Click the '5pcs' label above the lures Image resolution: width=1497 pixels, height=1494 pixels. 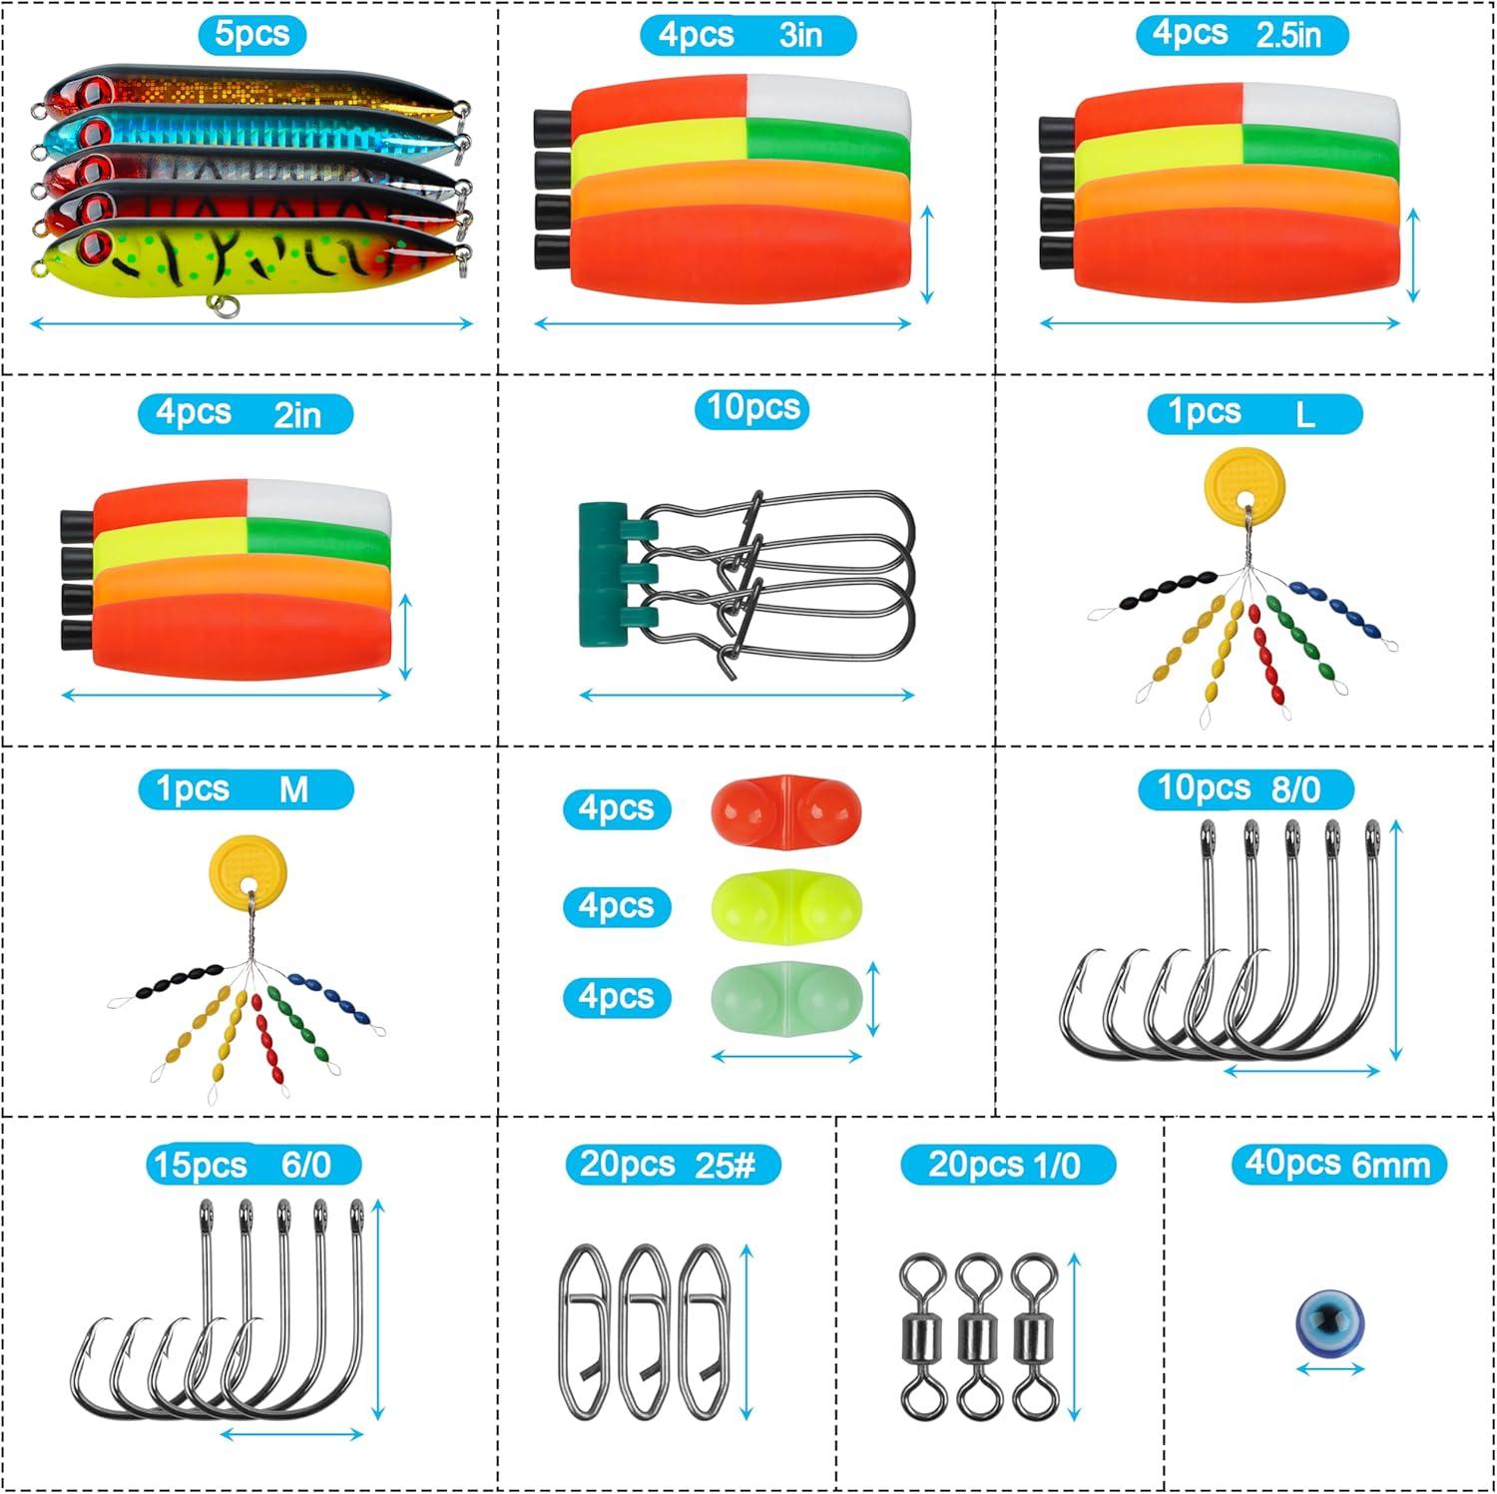tap(251, 35)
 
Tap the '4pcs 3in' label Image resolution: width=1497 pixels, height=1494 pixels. tap(747, 35)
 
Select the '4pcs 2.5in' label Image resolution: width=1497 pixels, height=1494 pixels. tap(1242, 35)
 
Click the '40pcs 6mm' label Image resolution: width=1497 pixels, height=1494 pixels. tap(1337, 1165)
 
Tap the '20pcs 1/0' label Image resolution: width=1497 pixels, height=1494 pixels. tap(1007, 1165)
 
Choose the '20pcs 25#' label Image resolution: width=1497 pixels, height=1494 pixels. tap(673, 1165)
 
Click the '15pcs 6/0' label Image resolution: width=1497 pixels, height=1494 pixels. tap(253, 1165)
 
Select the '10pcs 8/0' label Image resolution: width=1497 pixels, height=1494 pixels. tap(1245, 789)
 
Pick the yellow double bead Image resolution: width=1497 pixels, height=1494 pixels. tap(785, 905)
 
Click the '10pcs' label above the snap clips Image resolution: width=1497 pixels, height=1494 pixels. tap(751, 409)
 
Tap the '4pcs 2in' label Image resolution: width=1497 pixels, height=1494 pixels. tap(246, 413)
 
